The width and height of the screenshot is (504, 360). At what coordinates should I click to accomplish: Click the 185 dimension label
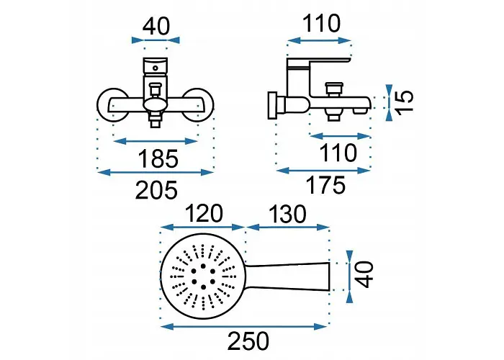point(158,158)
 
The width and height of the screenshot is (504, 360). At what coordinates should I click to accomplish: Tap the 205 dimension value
point(156,190)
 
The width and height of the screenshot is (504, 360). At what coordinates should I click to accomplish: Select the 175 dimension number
point(326,185)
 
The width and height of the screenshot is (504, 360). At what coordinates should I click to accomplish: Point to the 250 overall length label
point(248,341)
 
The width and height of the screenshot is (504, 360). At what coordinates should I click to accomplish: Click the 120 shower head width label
point(204,213)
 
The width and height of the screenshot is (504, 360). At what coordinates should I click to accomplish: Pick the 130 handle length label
point(287,215)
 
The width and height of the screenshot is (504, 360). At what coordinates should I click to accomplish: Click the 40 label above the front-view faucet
point(156,27)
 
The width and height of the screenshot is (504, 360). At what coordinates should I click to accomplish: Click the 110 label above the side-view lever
point(321,24)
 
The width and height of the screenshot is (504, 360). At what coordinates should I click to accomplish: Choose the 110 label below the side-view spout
point(338,153)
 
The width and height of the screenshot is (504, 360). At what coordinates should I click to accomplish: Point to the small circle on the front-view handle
point(156,68)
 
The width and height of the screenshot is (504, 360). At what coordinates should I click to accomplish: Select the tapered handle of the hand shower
point(288,276)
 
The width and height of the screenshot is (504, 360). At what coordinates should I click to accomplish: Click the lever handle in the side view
point(318,63)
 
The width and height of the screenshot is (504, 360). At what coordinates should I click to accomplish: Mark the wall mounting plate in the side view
point(272,105)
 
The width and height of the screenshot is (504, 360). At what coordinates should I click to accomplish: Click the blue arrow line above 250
point(243,327)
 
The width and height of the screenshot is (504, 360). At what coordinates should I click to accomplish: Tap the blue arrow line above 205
point(156,172)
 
